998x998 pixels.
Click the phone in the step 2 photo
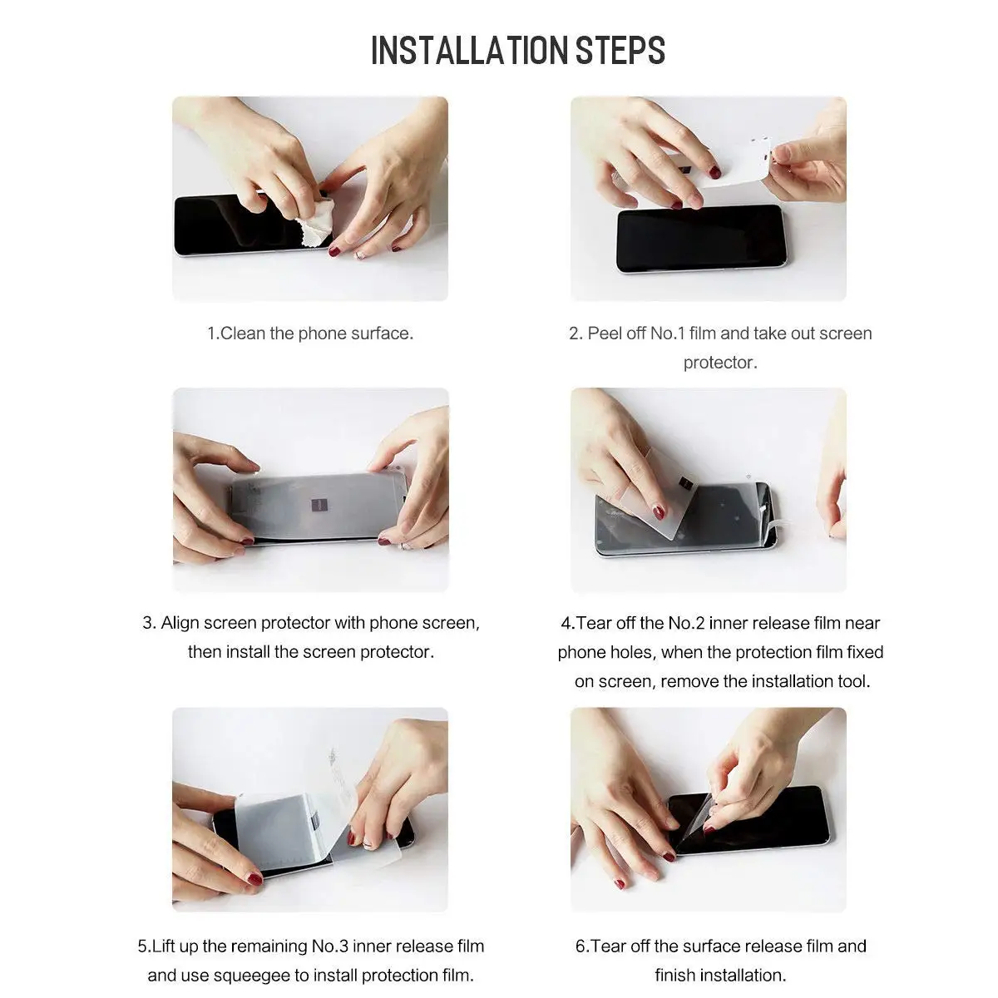click(x=700, y=239)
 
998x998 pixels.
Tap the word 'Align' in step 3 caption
click(x=180, y=623)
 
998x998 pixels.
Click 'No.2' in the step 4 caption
click(x=687, y=623)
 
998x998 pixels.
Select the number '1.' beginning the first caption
click(x=213, y=333)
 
